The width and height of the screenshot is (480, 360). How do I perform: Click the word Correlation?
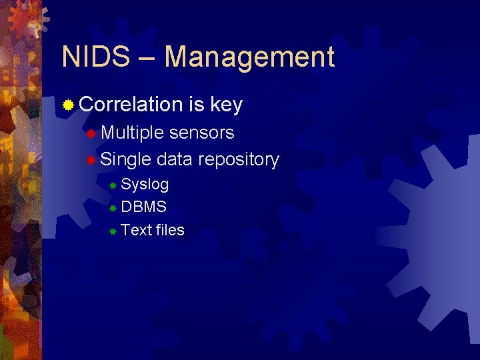coord(130,105)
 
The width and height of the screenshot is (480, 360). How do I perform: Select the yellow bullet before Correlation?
coord(68,105)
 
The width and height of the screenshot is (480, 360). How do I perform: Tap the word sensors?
coord(202,133)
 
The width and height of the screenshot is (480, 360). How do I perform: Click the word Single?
coord(126,160)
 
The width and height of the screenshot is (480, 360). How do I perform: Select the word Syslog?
coord(145,185)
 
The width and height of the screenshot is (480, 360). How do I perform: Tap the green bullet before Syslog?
coord(113,185)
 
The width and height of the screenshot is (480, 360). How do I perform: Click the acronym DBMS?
coord(143,207)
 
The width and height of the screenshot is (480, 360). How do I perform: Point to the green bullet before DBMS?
coord(113,208)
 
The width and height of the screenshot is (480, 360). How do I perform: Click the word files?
coord(169,231)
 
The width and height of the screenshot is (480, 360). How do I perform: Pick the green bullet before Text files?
coord(113,231)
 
